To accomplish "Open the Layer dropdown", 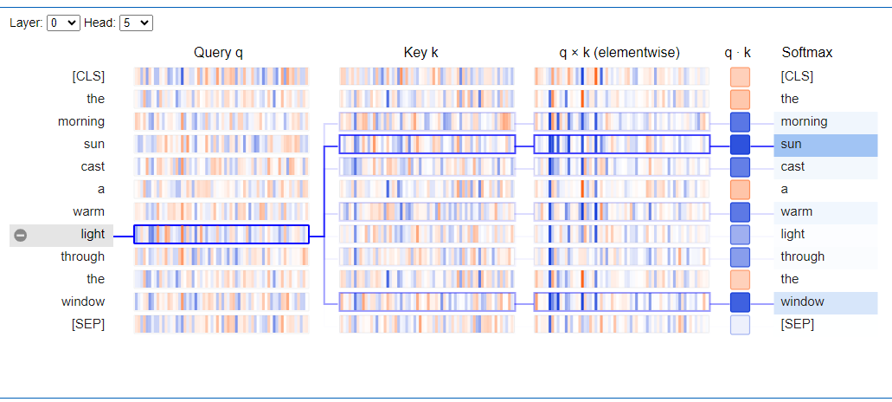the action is pos(63,23).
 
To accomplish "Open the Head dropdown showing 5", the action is pos(136,23).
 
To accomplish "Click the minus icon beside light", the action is pos(21,235).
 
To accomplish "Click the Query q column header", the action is pos(218,53).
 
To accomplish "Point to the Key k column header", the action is pos(421,53).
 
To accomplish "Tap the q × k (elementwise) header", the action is pos(619,53).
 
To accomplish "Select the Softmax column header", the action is pos(807,53).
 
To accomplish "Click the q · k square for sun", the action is pos(740,144).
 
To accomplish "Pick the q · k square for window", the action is pos(740,301).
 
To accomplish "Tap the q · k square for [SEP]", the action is pos(740,324).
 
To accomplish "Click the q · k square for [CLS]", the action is pos(740,76).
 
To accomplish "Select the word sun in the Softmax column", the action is pos(791,144).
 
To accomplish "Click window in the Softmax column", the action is pos(802,301).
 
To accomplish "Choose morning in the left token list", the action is pos(81,121).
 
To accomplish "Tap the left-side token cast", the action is pos(93,166).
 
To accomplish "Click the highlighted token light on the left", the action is pos(93,234).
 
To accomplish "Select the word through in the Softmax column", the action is pos(802,256).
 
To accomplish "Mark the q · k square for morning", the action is pos(740,121).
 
